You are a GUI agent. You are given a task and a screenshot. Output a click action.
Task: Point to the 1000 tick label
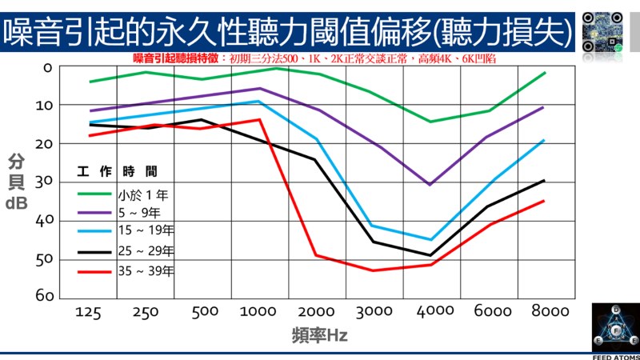click(x=258, y=312)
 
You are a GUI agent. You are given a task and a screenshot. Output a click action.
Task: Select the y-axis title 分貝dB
click(x=17, y=182)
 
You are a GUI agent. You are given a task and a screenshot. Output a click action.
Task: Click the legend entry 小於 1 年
click(x=143, y=194)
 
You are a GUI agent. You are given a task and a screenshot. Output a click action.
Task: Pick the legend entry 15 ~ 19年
click(x=146, y=232)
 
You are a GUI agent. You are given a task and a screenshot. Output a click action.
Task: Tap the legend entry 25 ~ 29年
click(x=146, y=251)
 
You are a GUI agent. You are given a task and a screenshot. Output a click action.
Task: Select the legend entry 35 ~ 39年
click(x=146, y=271)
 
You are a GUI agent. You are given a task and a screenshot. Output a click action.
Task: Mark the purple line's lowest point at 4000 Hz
click(x=430, y=184)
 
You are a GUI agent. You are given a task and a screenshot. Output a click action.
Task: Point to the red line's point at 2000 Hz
click(x=317, y=255)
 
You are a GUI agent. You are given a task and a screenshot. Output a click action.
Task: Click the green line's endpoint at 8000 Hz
click(x=545, y=73)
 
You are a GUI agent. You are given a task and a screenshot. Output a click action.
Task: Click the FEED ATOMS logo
click(x=614, y=330)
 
